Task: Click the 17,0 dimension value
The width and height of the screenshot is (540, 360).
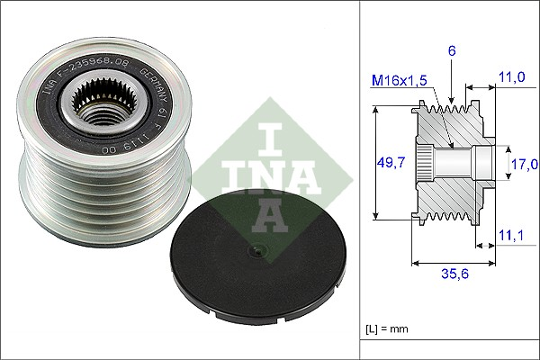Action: [524, 164]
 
